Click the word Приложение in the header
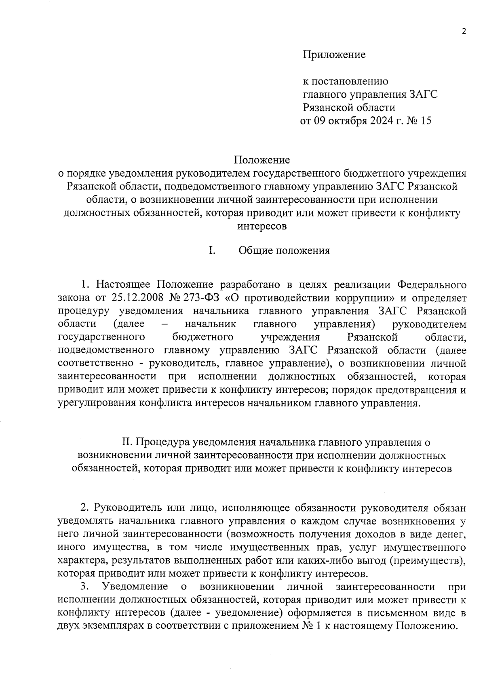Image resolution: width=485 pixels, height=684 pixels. [334, 55]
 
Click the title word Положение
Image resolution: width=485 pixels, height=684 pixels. [263, 160]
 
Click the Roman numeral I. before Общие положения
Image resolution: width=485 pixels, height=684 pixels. [211, 250]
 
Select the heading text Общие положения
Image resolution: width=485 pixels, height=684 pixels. [284, 250]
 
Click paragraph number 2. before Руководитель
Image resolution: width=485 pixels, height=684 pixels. [85, 508]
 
